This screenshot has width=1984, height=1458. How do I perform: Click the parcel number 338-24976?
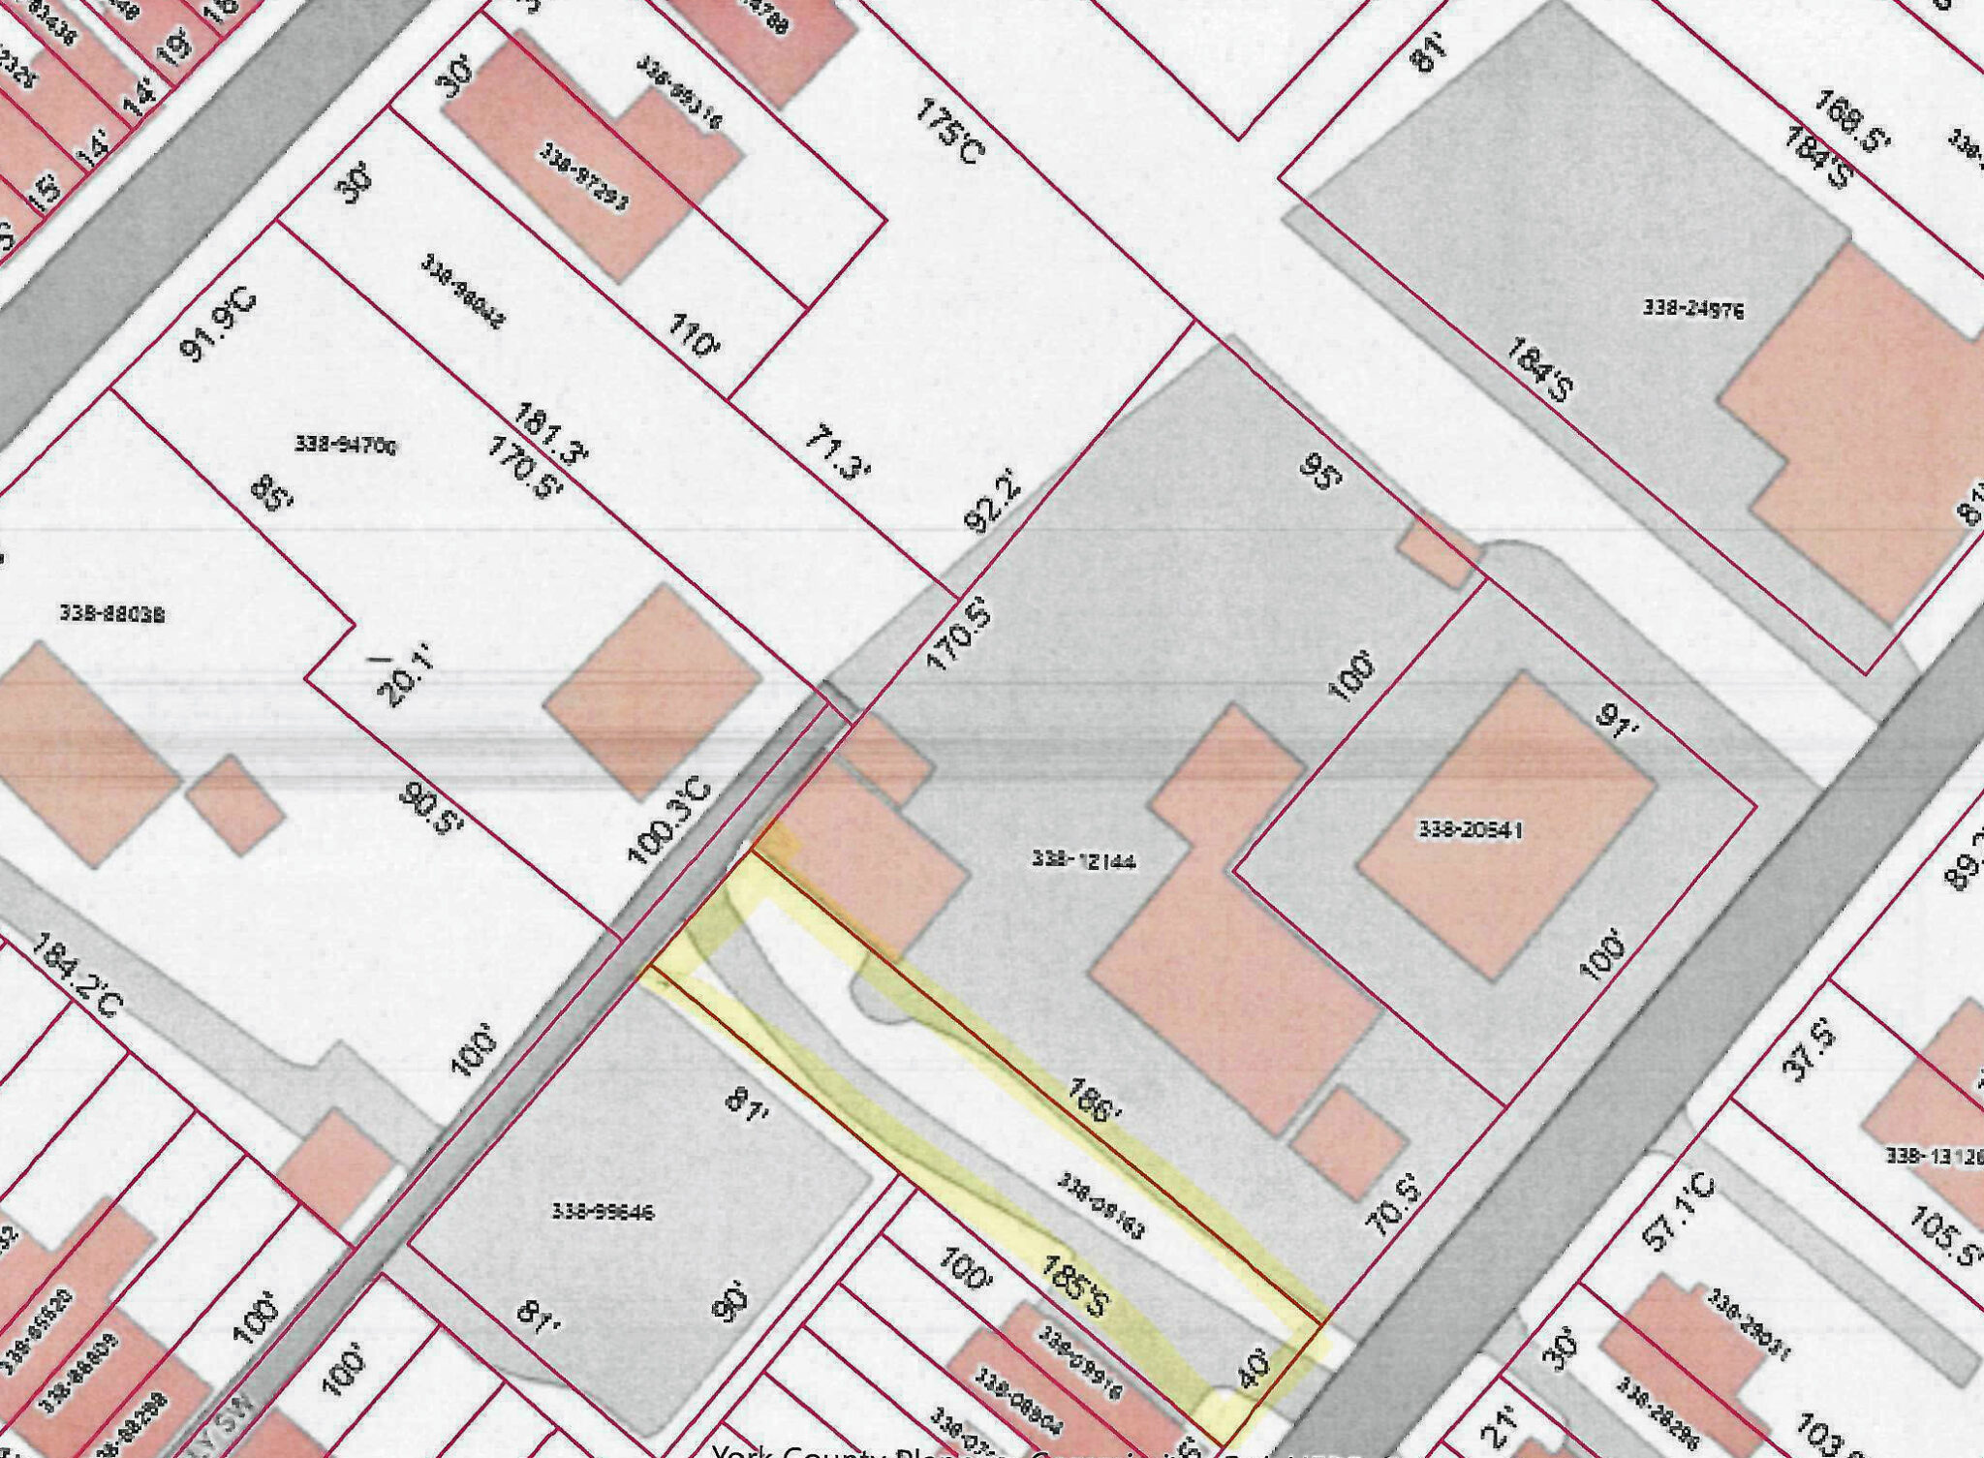(x=1692, y=309)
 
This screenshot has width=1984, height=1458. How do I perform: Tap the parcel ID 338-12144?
(x=1083, y=860)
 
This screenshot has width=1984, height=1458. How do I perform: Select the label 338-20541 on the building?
(x=1471, y=830)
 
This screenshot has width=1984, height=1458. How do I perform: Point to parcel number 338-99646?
(x=604, y=1211)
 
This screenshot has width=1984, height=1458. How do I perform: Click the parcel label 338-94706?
(x=345, y=445)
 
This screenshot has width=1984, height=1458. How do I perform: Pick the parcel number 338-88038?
(x=111, y=613)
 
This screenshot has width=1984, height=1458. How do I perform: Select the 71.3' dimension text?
(x=838, y=454)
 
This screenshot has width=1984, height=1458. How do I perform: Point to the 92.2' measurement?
(x=994, y=500)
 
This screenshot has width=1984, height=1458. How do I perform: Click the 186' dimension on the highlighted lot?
(x=1094, y=1100)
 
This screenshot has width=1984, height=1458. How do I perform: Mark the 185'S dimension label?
(x=1074, y=1286)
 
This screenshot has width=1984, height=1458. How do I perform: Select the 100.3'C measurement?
(x=669, y=822)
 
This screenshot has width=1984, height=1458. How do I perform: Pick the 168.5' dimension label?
(x=1852, y=121)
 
